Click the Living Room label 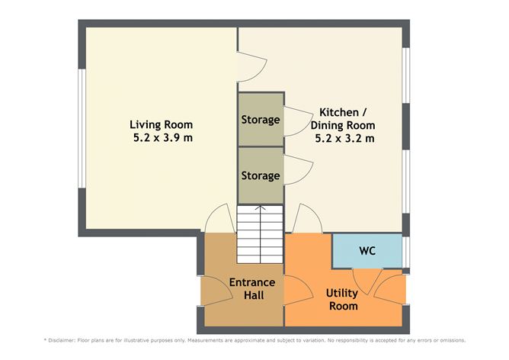[x=161, y=124]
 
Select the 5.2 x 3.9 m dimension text [x=161, y=138]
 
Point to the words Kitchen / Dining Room [x=342, y=118]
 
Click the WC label [x=367, y=250]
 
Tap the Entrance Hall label [x=252, y=288]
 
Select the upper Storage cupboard [x=260, y=120]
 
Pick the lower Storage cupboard [x=260, y=175]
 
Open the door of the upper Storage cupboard [x=293, y=122]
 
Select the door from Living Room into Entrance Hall [x=218, y=220]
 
